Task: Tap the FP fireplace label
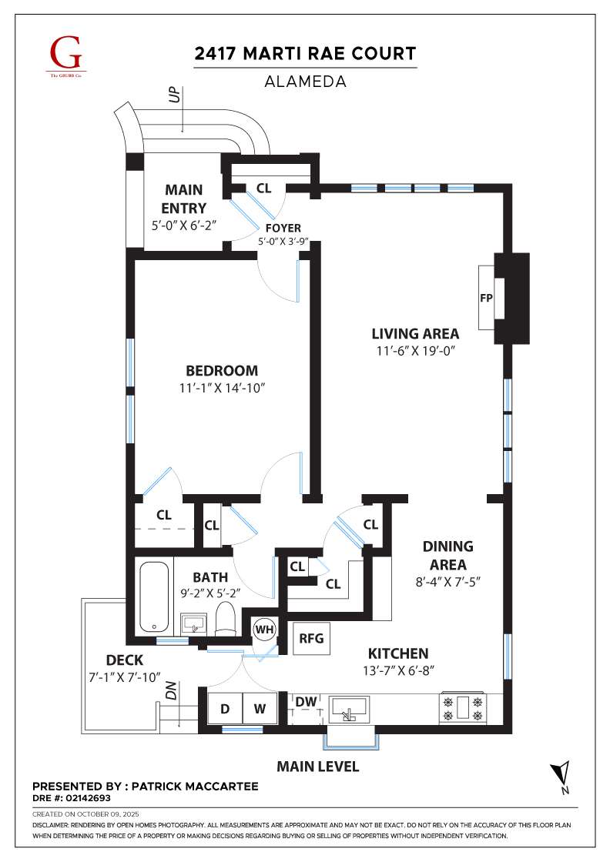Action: (486, 298)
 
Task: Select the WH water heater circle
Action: (265, 630)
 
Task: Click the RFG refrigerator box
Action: (311, 638)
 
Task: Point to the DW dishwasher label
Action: (307, 701)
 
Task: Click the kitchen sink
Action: (349, 710)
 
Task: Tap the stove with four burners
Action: (463, 708)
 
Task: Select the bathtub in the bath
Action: (156, 597)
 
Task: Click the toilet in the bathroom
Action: (225, 617)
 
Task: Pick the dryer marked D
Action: (225, 709)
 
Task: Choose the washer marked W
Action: (260, 709)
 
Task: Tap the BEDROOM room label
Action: (222, 370)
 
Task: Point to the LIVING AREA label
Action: (415, 334)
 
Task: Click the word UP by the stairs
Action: (175, 95)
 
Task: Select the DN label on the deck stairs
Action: (171, 690)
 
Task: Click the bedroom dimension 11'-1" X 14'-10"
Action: (223, 388)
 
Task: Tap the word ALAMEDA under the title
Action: (305, 82)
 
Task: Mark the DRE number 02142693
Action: (89, 798)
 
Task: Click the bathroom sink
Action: (193, 625)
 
